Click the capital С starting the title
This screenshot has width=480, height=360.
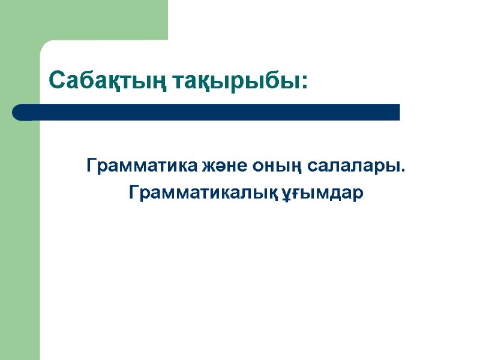tap(56, 79)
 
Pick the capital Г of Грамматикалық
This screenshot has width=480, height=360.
tap(133, 192)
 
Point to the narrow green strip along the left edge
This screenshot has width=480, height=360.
tap(19, 240)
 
